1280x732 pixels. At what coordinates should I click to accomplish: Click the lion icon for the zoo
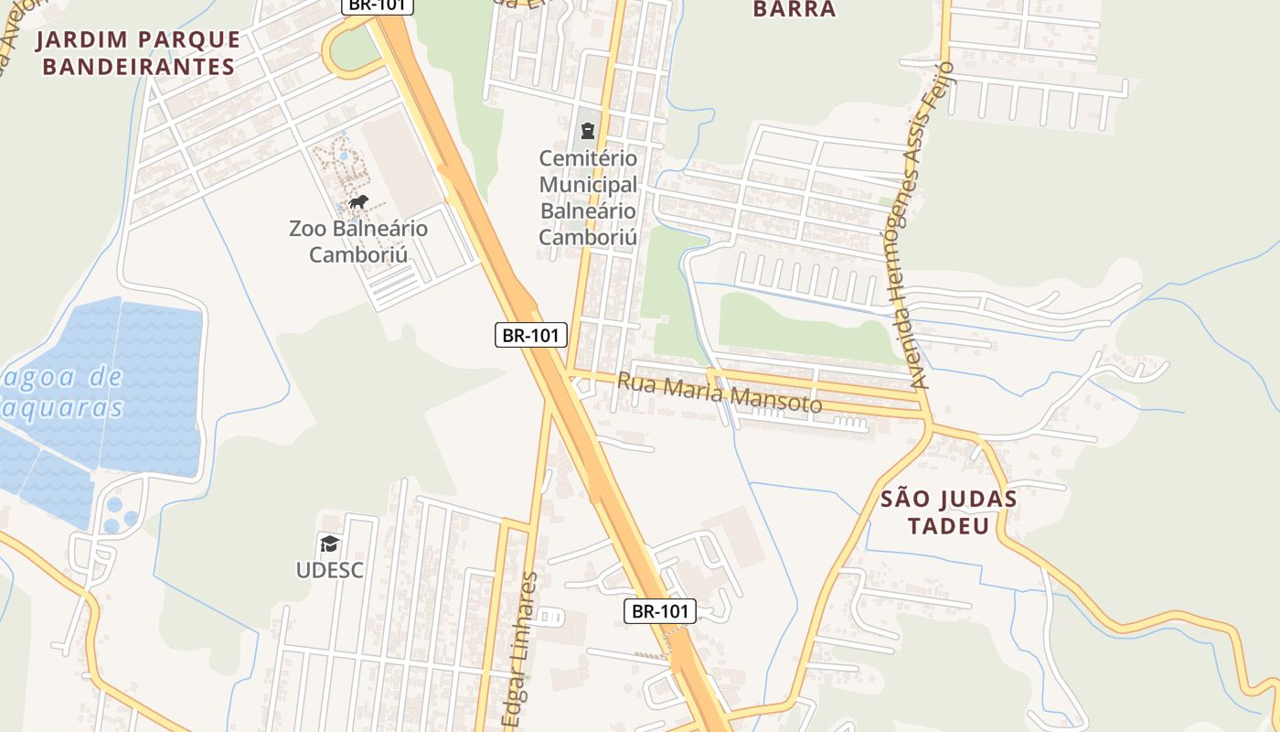click(x=357, y=202)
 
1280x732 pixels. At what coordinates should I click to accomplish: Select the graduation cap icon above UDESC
click(x=329, y=544)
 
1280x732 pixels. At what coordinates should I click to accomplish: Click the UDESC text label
click(x=329, y=570)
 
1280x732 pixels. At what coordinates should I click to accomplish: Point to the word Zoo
click(x=307, y=229)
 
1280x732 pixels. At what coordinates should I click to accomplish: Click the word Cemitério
click(x=588, y=158)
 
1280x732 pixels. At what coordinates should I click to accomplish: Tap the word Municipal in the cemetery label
click(x=588, y=185)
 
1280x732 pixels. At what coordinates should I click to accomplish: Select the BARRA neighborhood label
click(x=794, y=10)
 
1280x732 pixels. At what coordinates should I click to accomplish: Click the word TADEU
click(x=949, y=526)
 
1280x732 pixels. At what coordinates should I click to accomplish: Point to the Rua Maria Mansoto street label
click(x=719, y=392)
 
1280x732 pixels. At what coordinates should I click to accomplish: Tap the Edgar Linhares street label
click(x=518, y=650)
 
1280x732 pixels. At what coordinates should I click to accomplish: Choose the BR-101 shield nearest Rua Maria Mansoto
click(x=531, y=335)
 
